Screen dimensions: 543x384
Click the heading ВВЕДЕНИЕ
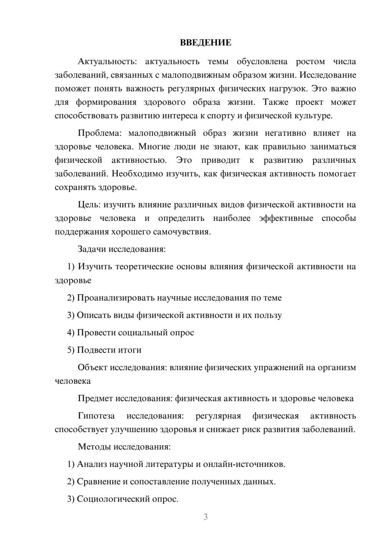click(x=205, y=43)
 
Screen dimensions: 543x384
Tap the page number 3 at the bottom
click(x=205, y=517)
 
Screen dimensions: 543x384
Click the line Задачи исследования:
click(x=121, y=249)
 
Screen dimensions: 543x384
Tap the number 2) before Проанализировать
click(x=71, y=298)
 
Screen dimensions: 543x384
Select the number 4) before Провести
click(x=71, y=333)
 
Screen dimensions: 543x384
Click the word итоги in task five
click(x=130, y=350)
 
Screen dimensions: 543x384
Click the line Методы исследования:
click(x=124, y=447)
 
